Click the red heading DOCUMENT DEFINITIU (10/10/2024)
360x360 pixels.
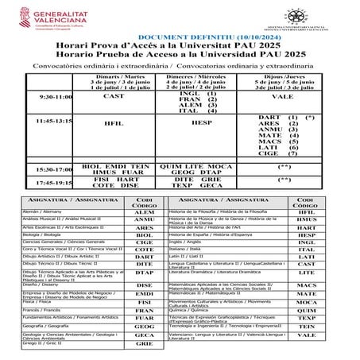[179, 38]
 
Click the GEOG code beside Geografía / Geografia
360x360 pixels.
[143, 326]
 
